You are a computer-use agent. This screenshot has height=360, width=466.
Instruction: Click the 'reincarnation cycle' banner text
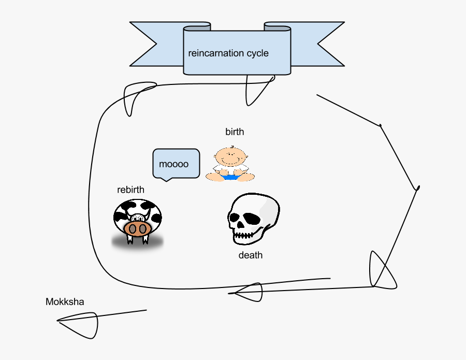pos(228,53)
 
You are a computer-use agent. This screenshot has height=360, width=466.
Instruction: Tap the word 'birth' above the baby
pos(235,132)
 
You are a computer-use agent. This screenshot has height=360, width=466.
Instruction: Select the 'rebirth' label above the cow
pos(130,190)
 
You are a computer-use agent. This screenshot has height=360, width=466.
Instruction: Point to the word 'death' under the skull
pos(251,255)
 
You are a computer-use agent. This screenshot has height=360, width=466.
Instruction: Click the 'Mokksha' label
pos(65,302)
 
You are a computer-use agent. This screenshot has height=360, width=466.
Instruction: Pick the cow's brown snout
pos(137,229)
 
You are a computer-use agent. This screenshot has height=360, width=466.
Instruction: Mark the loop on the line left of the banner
pos(137,96)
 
